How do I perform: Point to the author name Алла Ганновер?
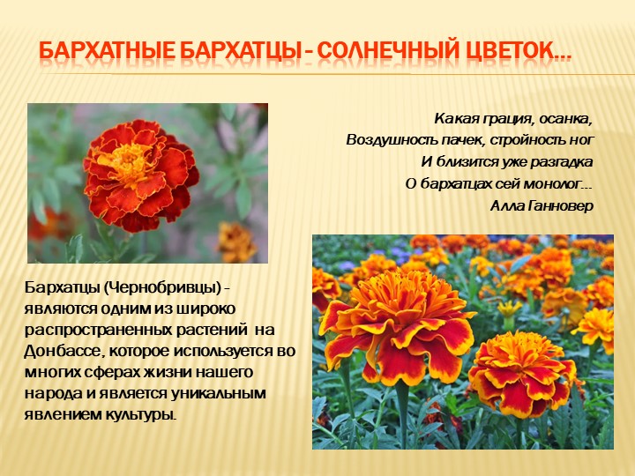[x=541, y=205]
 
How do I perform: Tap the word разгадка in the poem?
[x=560, y=161]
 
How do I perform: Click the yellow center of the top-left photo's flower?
[x=131, y=161]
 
